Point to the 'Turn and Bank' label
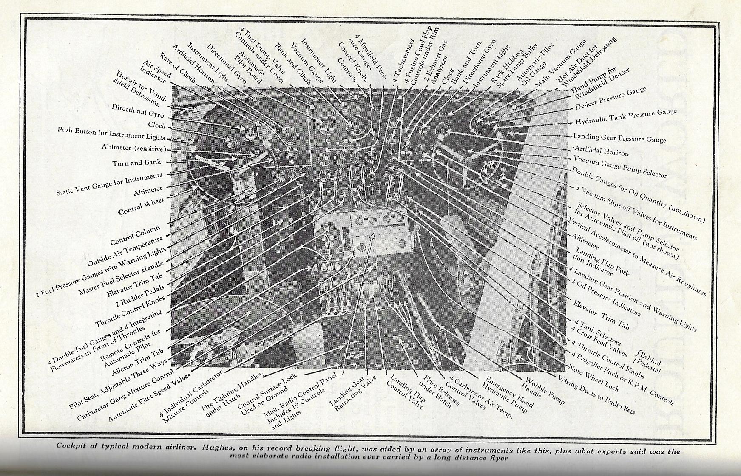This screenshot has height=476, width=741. pyautogui.click(x=136, y=163)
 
